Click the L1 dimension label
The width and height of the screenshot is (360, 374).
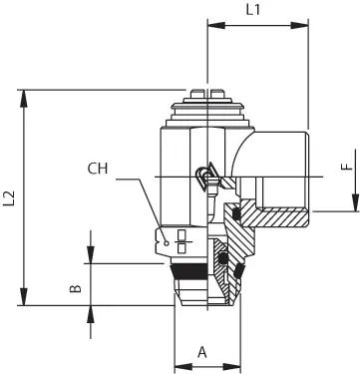[x=253, y=10]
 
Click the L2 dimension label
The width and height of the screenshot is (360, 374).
[x=9, y=198]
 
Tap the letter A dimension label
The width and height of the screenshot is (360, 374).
[x=202, y=352]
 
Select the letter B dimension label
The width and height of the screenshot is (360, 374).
[x=76, y=288]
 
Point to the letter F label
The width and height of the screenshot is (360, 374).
[x=347, y=167]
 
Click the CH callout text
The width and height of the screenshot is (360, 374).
[x=98, y=169]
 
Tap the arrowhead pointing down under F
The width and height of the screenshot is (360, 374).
[x=355, y=202]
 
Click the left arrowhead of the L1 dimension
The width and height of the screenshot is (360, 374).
[x=216, y=26]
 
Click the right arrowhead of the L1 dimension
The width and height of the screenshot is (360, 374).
[x=299, y=26]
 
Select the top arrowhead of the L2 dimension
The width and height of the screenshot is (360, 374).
[x=24, y=99]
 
